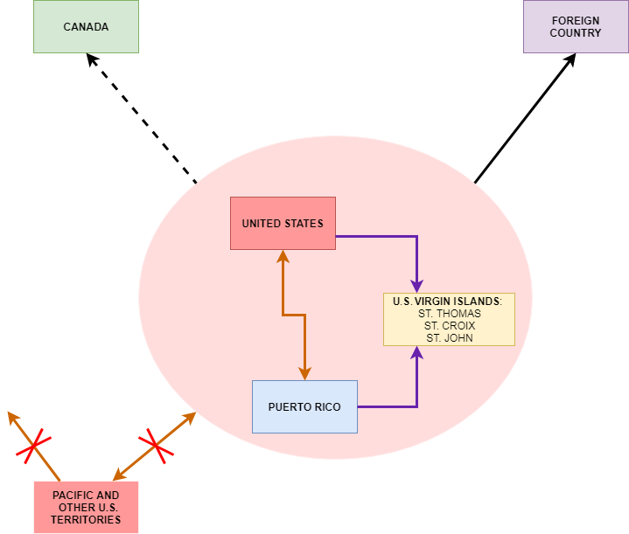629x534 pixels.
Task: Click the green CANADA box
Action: [x=86, y=26]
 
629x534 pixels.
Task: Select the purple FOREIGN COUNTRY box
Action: [x=576, y=26]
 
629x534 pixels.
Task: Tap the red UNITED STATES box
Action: [x=283, y=224]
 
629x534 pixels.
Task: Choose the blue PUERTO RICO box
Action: [x=304, y=407]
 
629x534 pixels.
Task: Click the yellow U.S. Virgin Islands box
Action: [x=450, y=320]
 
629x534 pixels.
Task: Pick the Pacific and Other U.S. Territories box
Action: [x=87, y=508]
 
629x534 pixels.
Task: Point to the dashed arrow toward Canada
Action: [x=142, y=118]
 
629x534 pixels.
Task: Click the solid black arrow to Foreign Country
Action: [x=526, y=118]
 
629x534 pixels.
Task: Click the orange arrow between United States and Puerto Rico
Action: [x=294, y=316]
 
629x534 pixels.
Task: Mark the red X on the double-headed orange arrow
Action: [x=156, y=446]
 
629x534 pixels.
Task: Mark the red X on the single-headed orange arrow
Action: [x=34, y=446]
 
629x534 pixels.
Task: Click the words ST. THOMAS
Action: [x=450, y=314]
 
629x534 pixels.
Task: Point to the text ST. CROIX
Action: [x=450, y=325]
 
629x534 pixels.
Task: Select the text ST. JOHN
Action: [x=450, y=338]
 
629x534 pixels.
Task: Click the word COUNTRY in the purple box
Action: [x=576, y=33]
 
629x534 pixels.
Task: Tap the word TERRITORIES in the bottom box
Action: [x=86, y=519]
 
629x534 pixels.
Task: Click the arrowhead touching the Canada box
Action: [x=92, y=59]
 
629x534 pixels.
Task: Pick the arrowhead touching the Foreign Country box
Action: [x=570, y=59]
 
